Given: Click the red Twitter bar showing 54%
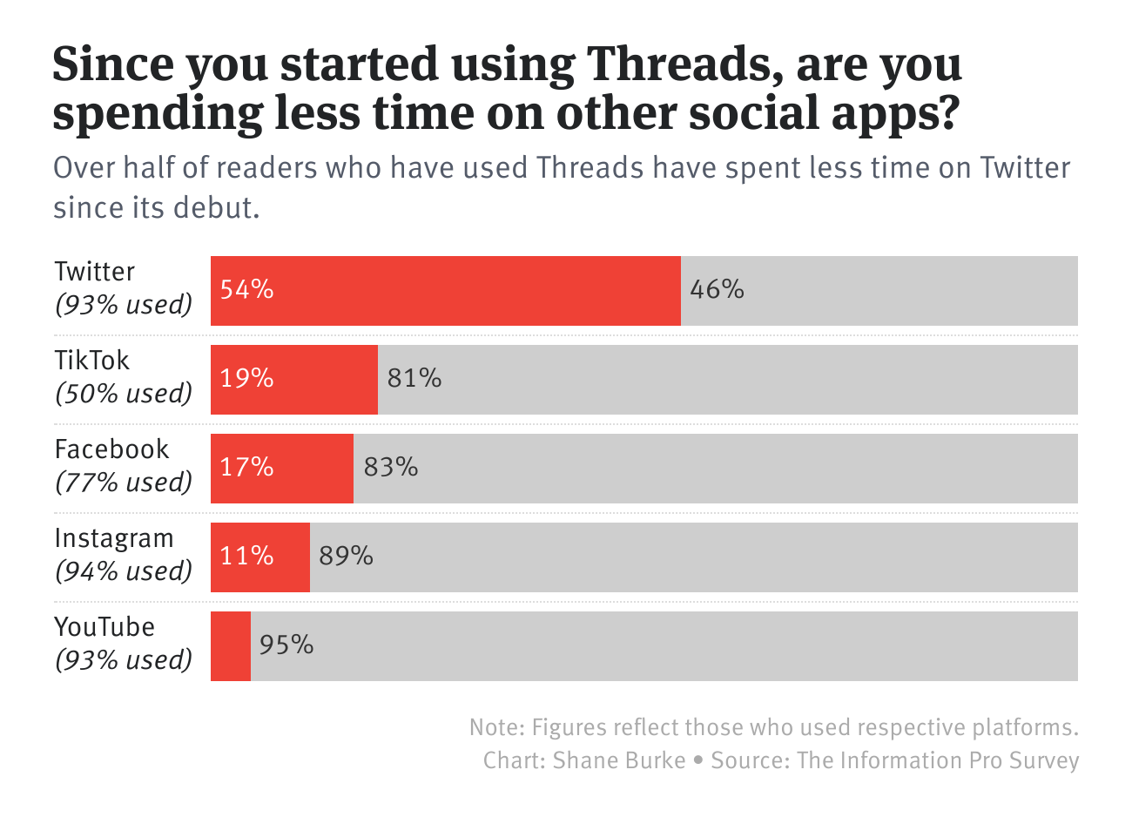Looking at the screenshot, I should click(x=445, y=291).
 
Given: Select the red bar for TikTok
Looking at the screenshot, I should click(x=294, y=380).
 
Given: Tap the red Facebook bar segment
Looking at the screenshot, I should click(x=282, y=469).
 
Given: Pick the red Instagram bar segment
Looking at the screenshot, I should click(x=260, y=557).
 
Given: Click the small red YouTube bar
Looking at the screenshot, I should click(x=231, y=646).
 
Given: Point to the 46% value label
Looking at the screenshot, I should click(x=717, y=289).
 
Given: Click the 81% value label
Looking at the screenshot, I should click(x=414, y=378).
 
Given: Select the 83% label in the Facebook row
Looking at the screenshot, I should click(x=391, y=467).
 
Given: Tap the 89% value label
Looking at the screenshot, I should click(x=346, y=556).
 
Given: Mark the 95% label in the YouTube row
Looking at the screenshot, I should click(x=286, y=645).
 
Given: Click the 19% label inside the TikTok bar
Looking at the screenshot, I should click(x=246, y=378).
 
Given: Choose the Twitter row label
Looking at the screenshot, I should click(x=95, y=272).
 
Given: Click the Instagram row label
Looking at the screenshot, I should click(x=114, y=538).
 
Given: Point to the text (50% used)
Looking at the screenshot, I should click(x=124, y=394).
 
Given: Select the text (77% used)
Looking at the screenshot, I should click(x=124, y=483).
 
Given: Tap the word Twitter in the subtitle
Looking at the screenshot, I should click(x=1025, y=167).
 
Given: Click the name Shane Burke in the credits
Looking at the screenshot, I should click(x=619, y=760).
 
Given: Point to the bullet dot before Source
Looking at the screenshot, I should click(x=698, y=760).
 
